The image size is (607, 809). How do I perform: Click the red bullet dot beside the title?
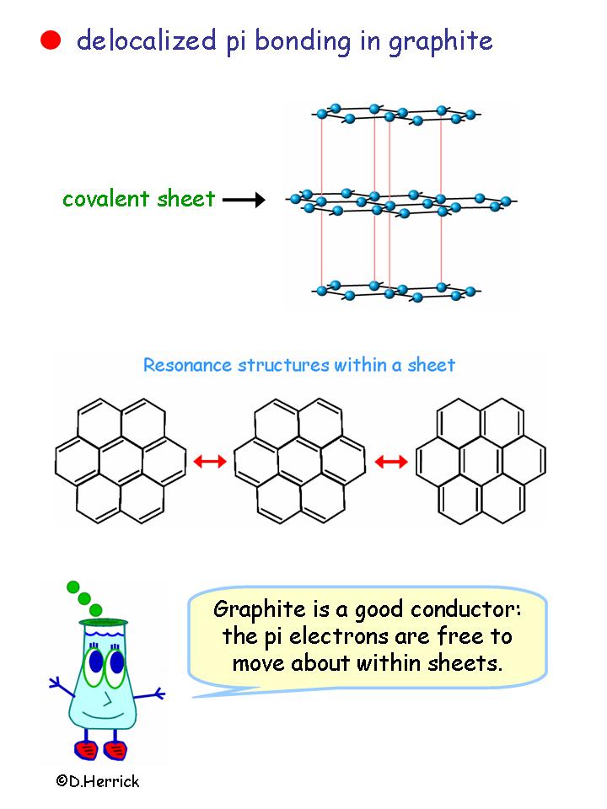51,40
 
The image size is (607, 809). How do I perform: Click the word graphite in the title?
441,41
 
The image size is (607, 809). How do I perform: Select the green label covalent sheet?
138,200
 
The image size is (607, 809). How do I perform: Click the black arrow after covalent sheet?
244,200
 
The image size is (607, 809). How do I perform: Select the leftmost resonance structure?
120,460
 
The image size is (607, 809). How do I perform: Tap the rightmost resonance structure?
481,460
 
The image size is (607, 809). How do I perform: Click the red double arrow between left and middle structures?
210,461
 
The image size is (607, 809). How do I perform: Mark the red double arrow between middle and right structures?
390,461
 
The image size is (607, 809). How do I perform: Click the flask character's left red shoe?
85,747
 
